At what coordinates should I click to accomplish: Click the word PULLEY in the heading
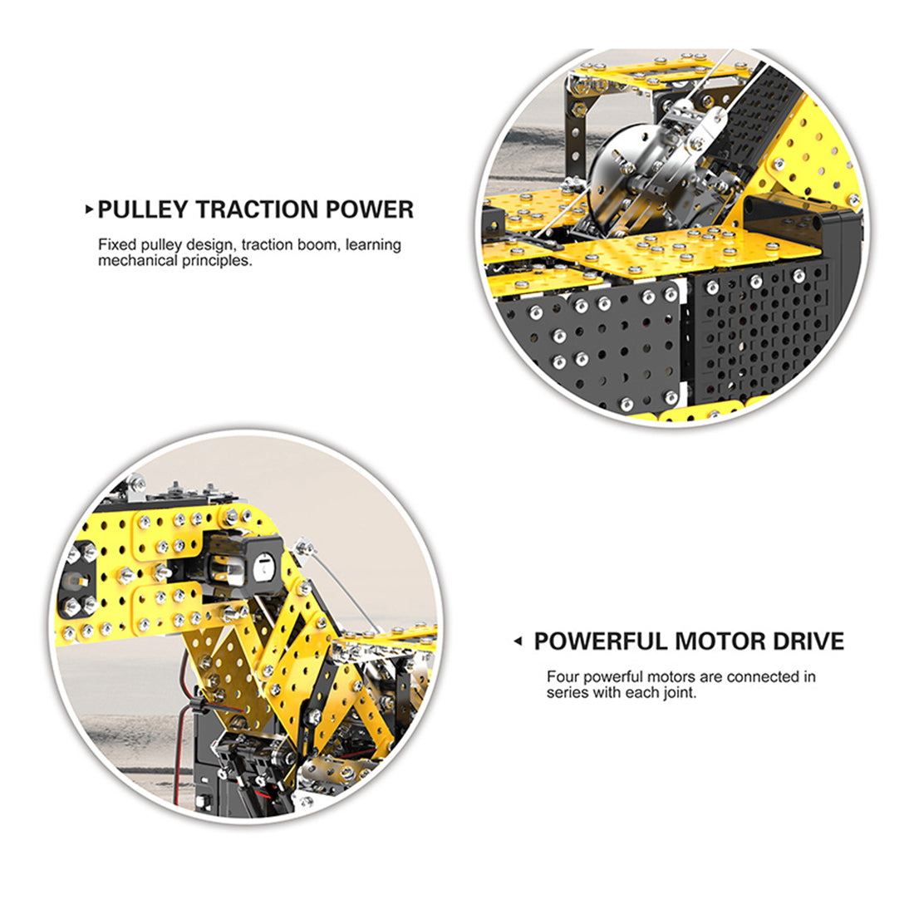tap(142, 209)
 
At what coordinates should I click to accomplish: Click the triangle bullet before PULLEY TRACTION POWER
tap(89, 209)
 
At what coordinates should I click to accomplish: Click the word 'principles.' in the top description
tap(217, 261)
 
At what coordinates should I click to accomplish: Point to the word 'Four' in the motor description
tap(563, 677)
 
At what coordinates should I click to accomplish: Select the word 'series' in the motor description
tap(567, 693)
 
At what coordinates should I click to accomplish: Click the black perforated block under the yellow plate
tap(760, 332)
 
